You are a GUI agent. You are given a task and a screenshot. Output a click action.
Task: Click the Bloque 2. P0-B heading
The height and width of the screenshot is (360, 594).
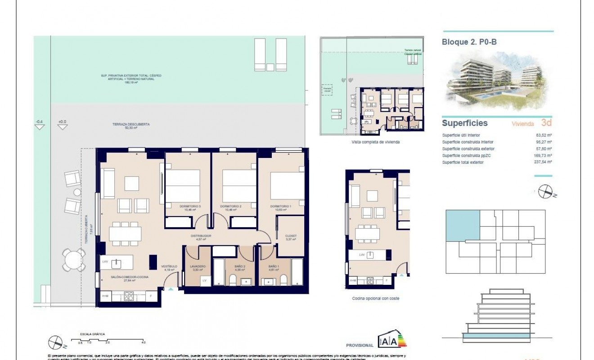tap(469, 42)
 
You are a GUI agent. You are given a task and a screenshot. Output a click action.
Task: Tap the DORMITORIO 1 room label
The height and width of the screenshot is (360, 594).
tap(280, 207)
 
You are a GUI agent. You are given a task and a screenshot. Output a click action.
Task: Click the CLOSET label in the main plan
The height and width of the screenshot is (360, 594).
tap(291, 236)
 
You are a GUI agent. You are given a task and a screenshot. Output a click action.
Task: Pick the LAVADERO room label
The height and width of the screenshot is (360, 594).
tap(198, 266)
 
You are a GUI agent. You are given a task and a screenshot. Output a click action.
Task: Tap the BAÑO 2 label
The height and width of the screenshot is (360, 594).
tap(239, 266)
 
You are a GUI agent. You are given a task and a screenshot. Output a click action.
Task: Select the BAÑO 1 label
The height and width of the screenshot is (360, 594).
tap(274, 266)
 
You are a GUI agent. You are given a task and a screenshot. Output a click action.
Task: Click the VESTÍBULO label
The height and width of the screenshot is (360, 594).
tap(169, 266)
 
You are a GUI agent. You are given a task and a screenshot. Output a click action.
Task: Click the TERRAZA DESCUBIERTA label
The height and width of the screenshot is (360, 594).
tap(131, 124)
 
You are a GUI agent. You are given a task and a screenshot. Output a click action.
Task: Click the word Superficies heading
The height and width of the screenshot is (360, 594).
tap(464, 123)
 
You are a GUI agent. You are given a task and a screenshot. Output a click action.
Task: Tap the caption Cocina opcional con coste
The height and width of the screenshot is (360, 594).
tap(376, 298)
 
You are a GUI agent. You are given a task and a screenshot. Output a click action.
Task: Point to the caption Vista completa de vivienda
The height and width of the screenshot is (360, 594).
tap(376, 142)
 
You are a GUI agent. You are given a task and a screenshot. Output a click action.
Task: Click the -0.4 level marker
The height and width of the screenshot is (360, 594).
tap(40, 121)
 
